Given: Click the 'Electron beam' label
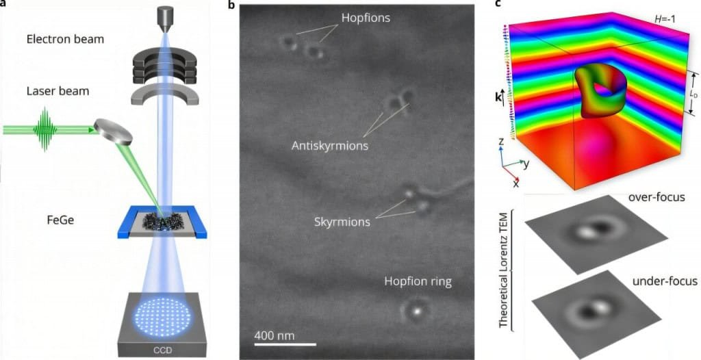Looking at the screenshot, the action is pyautogui.click(x=65, y=39).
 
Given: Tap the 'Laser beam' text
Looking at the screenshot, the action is pyautogui.click(x=58, y=91).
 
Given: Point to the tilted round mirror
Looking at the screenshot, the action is pyautogui.click(x=114, y=131).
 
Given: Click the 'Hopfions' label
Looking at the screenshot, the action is pyautogui.click(x=366, y=18).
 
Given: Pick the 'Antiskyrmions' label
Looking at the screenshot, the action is pyautogui.click(x=330, y=146).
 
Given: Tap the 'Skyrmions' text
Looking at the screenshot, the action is pyautogui.click(x=342, y=222).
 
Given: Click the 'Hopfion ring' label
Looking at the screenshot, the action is pyautogui.click(x=418, y=282).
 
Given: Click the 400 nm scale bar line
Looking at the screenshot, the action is pyautogui.click(x=285, y=344).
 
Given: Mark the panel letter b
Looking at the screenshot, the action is pyautogui.click(x=231, y=5).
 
